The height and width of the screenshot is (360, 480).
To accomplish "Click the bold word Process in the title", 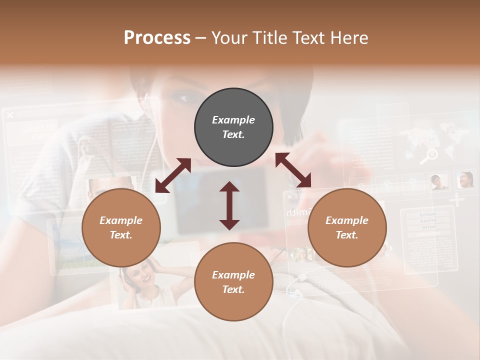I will (157, 37).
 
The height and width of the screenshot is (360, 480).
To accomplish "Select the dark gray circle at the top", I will (233, 127).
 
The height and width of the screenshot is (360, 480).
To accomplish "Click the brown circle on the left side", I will (121, 228).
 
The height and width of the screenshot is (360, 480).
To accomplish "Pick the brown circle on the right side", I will (347, 228).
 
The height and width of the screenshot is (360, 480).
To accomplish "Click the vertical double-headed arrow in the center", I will (229, 205).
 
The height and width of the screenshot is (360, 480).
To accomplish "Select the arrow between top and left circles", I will (173, 175).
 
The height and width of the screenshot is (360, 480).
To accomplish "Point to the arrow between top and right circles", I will (293, 170).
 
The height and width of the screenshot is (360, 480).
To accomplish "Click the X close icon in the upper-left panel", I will (10, 115).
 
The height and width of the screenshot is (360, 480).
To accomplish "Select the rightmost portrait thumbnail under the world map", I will (465, 179).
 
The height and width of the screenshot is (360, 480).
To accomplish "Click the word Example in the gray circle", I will (233, 120).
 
